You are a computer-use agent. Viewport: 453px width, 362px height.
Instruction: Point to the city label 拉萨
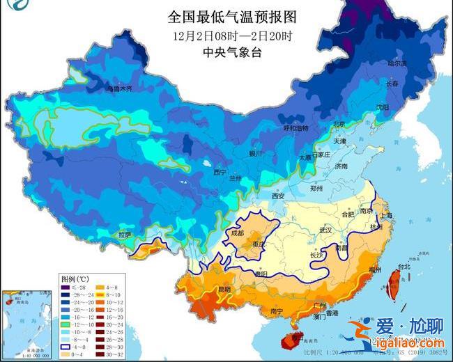[x=124, y=235]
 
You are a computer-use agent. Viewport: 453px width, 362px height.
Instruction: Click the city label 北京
[x=339, y=125]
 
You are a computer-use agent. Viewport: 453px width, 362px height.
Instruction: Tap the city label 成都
[x=237, y=234]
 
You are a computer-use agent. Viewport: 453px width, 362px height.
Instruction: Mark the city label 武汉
[x=325, y=229]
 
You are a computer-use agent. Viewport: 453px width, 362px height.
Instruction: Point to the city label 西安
[x=279, y=196]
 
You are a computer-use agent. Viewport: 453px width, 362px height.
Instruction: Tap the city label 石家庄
[x=321, y=155]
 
